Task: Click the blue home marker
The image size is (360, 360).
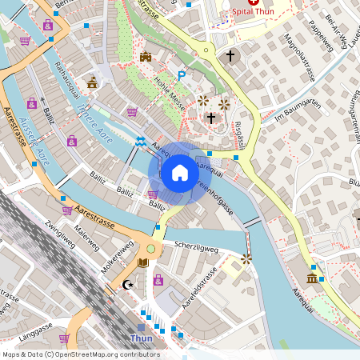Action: point(179,173)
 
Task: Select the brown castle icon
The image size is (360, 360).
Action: point(146,57)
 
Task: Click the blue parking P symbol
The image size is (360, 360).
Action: point(182,75)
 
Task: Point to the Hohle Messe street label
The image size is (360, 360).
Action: point(170,94)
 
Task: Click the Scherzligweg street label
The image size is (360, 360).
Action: point(196,248)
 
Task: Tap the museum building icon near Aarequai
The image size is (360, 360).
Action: point(311,278)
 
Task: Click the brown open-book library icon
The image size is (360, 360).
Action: point(143,262)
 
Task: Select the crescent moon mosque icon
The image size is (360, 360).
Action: point(126,284)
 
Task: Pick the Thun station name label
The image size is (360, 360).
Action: point(141,338)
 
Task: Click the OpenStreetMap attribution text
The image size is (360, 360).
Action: point(80,354)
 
